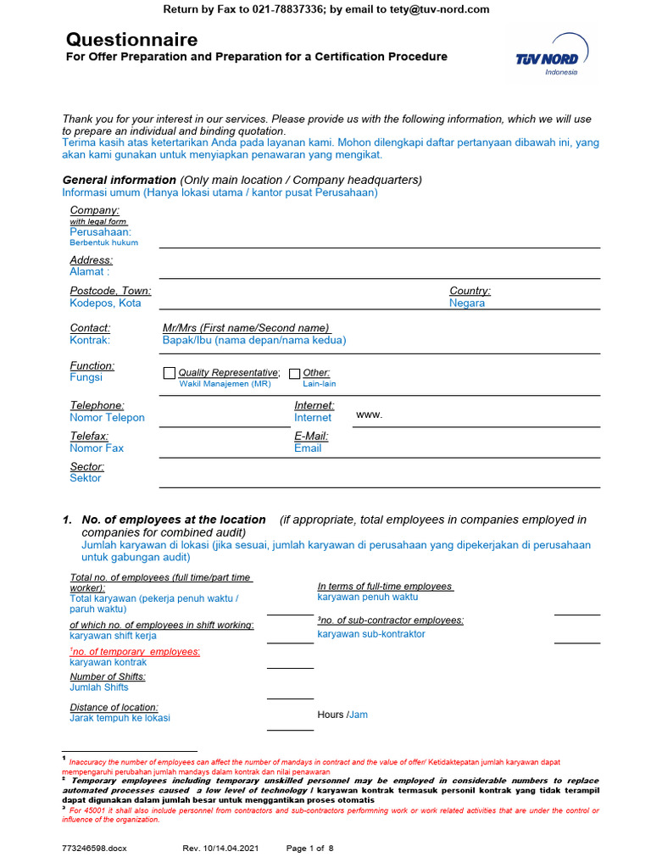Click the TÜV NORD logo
[548, 59]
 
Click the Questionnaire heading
[131, 40]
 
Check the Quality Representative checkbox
[169, 373]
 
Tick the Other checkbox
[295, 373]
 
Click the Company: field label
[94, 210]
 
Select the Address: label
[91, 260]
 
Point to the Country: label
[470, 291]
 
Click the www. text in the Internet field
[370, 415]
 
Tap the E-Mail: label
[311, 436]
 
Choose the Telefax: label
[89, 436]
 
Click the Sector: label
[86, 466]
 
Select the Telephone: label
[97, 405]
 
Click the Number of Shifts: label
[108, 676]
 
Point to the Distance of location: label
[114, 707]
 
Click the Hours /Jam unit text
[342, 715]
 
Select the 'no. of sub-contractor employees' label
[391, 620]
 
